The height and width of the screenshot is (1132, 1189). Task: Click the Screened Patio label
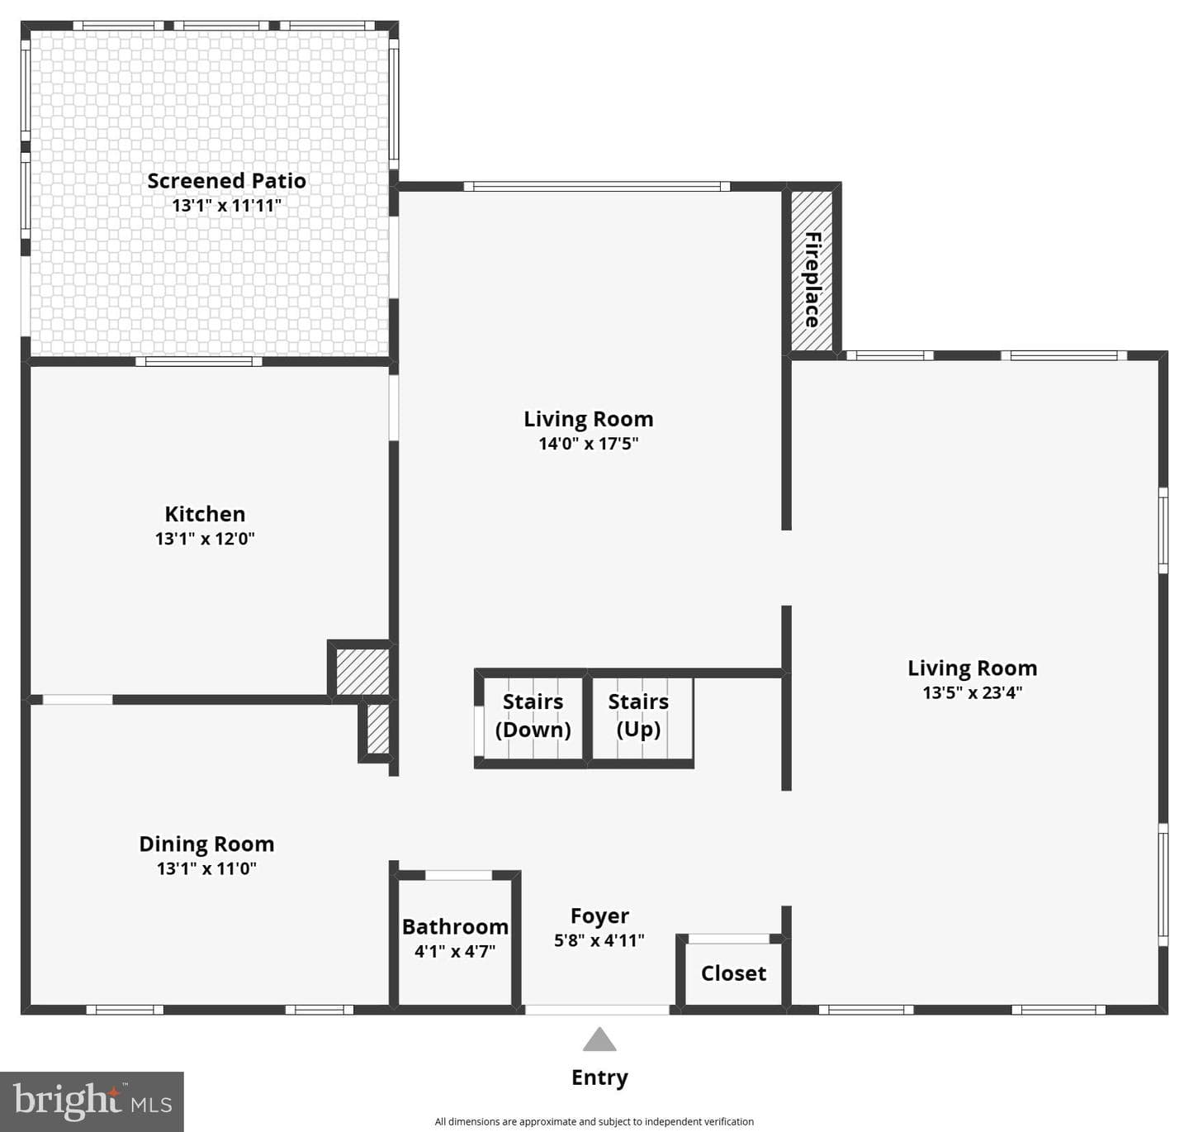coord(227,180)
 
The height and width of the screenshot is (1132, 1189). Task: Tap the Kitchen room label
coord(205,514)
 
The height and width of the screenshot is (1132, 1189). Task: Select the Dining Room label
coord(206,844)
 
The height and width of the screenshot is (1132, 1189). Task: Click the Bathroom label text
coord(456,927)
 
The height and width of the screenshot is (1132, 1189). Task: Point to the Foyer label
coord(600,916)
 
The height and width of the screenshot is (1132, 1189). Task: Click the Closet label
coord(733,973)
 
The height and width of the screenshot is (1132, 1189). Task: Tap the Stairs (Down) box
coord(533,718)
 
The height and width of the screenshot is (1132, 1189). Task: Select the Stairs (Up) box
coord(642,718)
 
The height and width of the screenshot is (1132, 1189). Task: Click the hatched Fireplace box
coord(812,270)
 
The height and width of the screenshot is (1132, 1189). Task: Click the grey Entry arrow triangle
coord(599,1039)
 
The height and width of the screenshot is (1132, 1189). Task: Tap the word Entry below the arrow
coord(600,1077)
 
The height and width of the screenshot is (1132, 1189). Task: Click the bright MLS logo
coord(92,1101)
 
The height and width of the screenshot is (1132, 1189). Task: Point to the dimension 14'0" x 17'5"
coord(589,444)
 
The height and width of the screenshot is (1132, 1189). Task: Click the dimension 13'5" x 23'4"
coord(973,692)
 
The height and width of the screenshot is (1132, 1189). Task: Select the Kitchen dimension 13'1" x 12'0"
coord(205,538)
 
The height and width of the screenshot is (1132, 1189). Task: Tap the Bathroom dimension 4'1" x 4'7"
coord(455,952)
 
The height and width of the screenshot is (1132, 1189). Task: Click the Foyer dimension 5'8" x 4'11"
coord(599,940)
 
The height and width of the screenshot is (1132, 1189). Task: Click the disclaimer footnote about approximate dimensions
coord(594,1122)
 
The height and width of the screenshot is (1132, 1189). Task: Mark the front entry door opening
coord(597,1010)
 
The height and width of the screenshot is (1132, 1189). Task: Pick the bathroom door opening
coord(458,875)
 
